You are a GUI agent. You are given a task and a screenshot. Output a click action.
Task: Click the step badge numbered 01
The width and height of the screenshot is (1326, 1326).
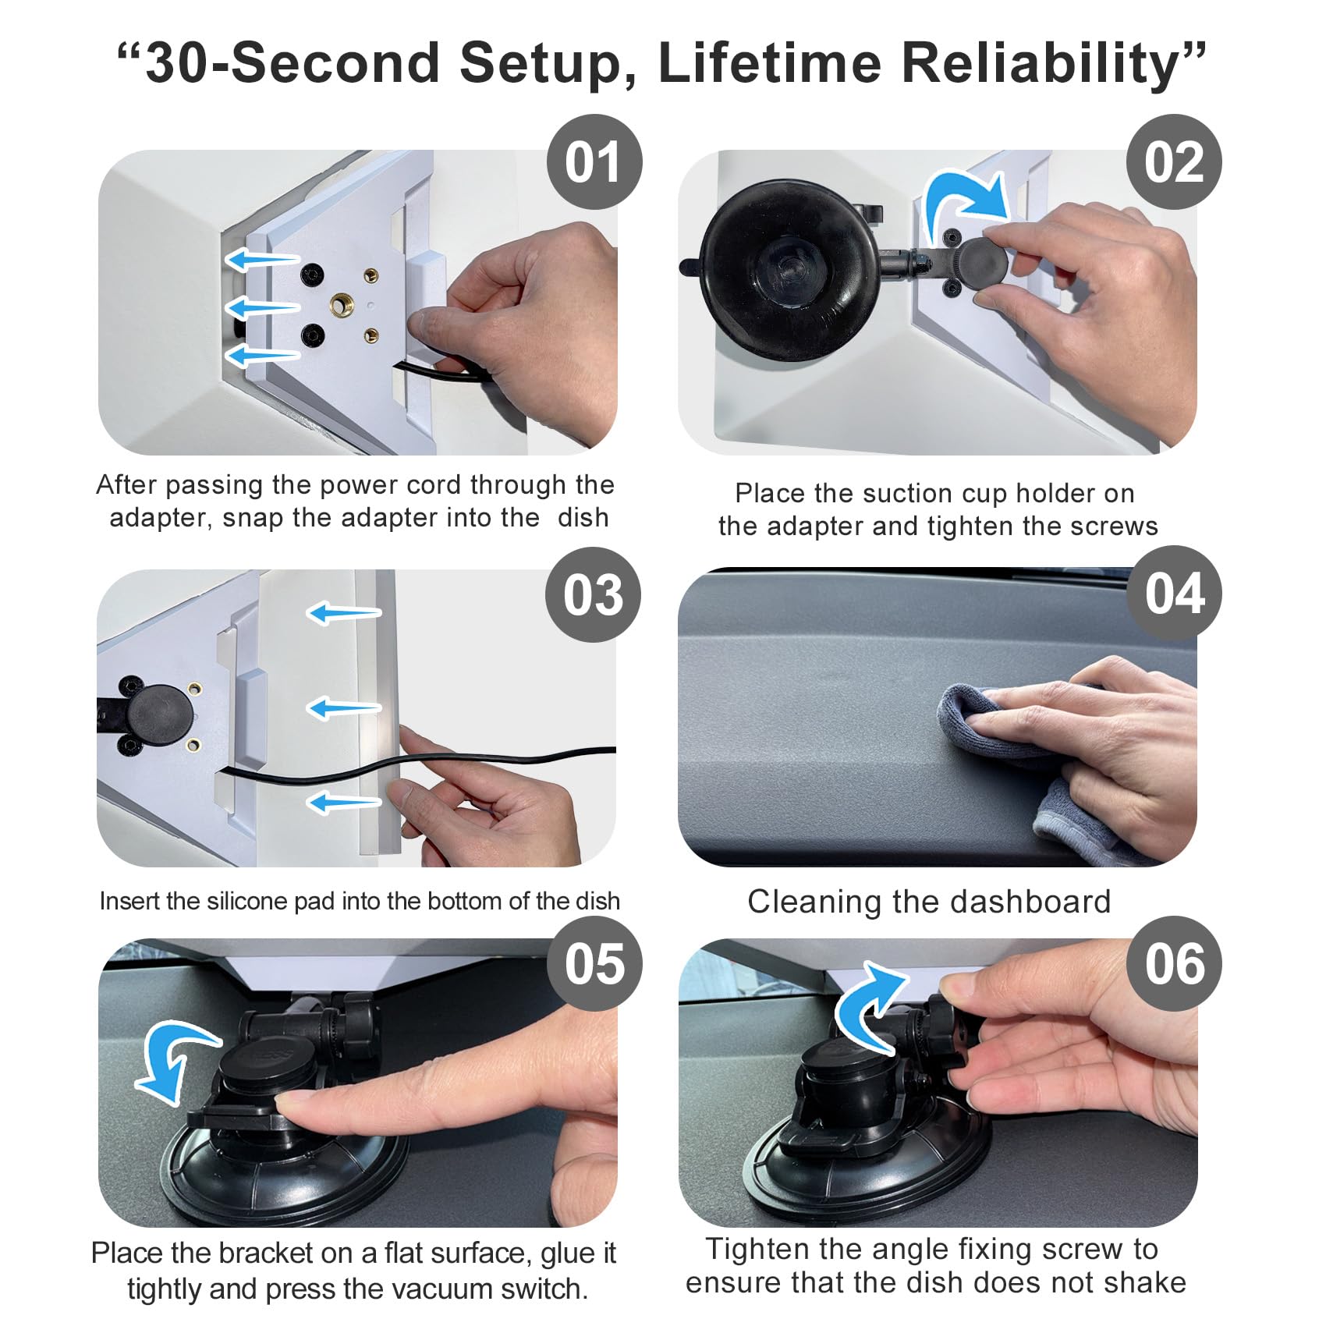[x=594, y=162]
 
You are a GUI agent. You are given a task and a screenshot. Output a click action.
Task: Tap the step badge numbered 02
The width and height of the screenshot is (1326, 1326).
[x=1174, y=162]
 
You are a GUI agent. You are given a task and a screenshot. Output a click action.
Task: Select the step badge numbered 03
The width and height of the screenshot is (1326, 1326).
[x=594, y=594]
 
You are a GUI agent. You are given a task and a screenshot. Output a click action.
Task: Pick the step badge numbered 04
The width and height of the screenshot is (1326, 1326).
[x=1174, y=593]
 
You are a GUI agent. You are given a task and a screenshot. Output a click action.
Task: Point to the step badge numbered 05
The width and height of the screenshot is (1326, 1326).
[x=594, y=963]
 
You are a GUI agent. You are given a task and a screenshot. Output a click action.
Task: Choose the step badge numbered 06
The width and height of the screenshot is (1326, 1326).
[x=1174, y=963]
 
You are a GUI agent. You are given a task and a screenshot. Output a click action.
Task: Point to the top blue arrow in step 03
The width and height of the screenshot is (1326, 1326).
[x=343, y=613]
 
